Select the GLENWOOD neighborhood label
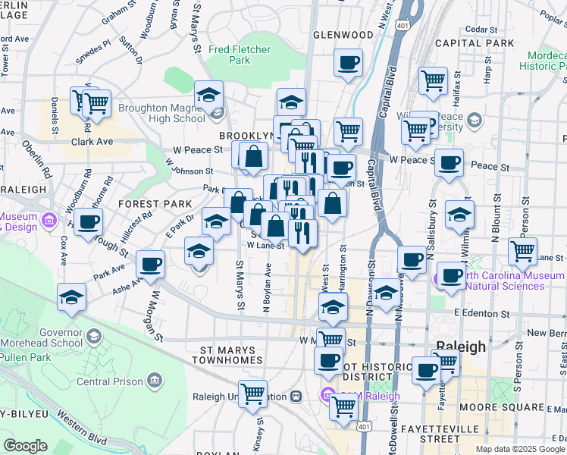click(343, 35)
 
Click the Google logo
click(25, 446)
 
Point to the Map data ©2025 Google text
click(520, 449)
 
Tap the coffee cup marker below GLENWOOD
click(348, 63)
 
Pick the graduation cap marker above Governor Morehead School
click(71, 297)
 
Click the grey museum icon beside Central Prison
click(154, 379)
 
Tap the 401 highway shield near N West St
click(403, 26)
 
